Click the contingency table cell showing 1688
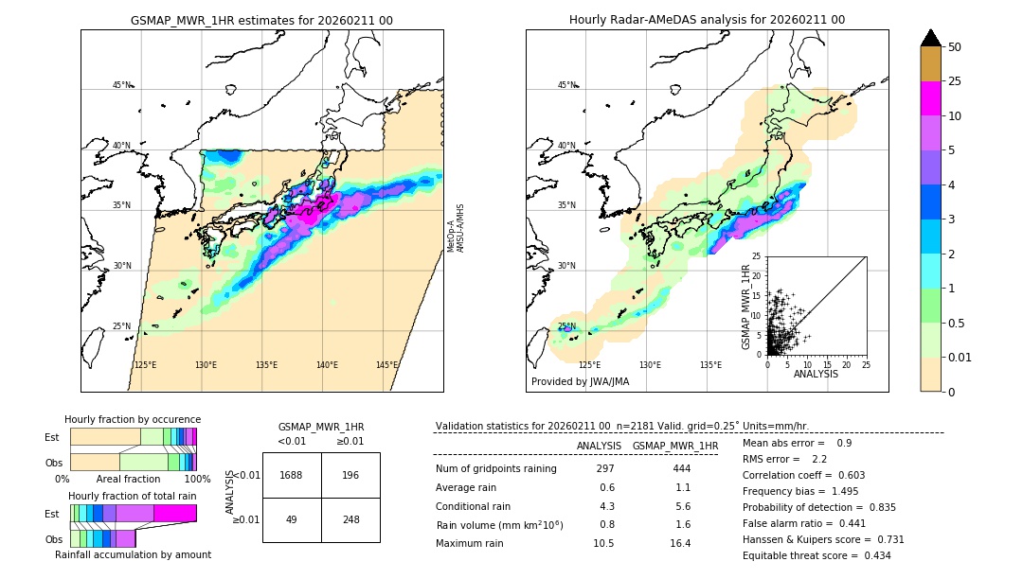point(292,475)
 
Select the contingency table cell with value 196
point(350,475)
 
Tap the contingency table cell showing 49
point(292,519)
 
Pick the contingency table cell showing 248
point(350,519)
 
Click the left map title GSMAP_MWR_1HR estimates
point(261,20)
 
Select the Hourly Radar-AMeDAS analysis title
point(707,20)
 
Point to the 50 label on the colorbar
point(955,46)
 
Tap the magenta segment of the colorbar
point(930,98)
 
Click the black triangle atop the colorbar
point(930,38)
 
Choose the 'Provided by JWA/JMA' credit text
point(580,382)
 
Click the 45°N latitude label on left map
point(121,85)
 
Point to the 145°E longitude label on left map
point(386,365)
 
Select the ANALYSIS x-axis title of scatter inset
point(816,374)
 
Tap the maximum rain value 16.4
point(680,543)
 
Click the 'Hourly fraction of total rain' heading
point(133,496)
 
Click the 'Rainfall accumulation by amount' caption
point(132,555)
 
